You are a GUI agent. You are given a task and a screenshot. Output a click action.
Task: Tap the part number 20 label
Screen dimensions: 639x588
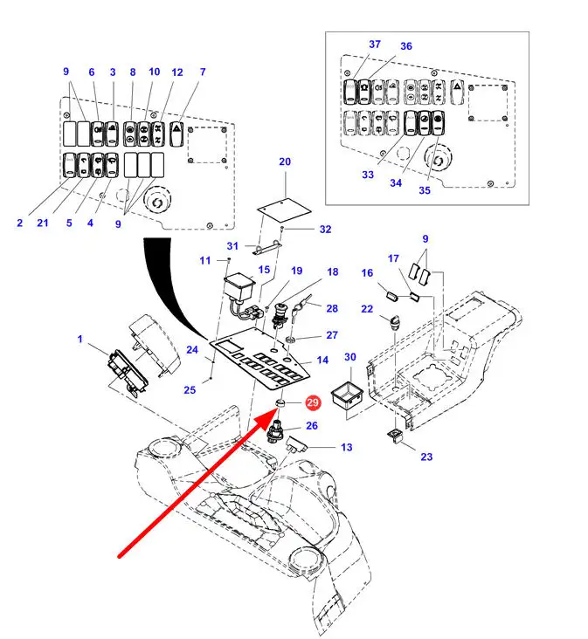pyautogui.click(x=284, y=161)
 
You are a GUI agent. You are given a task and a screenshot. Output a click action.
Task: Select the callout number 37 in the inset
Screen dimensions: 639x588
pyautogui.click(x=375, y=45)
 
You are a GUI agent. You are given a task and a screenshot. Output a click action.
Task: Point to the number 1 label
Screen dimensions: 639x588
pyautogui.click(x=80, y=339)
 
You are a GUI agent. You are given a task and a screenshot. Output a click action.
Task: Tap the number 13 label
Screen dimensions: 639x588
pyautogui.click(x=347, y=447)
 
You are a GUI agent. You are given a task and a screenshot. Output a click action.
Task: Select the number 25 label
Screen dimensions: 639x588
pyautogui.click(x=190, y=390)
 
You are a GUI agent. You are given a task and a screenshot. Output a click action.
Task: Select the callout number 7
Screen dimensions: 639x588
pyautogui.click(x=203, y=72)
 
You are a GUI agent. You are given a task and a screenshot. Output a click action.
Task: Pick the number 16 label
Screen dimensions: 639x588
pyautogui.click(x=367, y=274)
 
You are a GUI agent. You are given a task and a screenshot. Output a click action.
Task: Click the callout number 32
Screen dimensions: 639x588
pyautogui.click(x=325, y=230)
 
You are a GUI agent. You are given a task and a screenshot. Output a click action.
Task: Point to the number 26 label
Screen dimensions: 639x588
pyautogui.click(x=311, y=427)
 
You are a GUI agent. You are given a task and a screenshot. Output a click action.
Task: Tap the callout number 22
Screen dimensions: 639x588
pyautogui.click(x=367, y=309)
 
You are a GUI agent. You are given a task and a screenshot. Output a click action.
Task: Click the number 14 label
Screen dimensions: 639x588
pyautogui.click(x=322, y=360)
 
